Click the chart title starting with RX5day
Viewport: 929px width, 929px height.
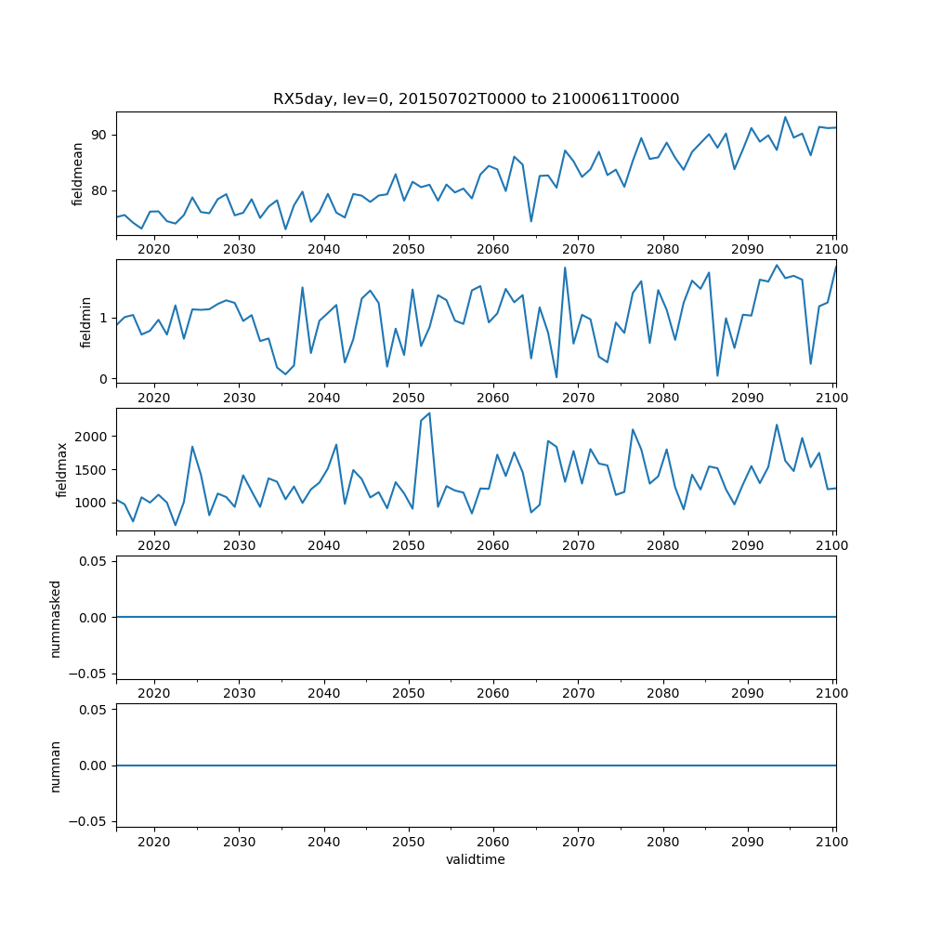pos(476,99)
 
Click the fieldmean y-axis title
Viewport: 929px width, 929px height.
pos(78,174)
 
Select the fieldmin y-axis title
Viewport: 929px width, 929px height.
pos(85,321)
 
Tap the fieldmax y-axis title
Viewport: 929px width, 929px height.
pos(62,469)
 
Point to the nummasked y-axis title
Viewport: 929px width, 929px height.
pos(56,617)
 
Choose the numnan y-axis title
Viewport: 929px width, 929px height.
pos(56,765)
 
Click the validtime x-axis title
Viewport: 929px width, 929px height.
pos(476,860)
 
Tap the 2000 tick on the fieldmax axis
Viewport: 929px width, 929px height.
pos(92,436)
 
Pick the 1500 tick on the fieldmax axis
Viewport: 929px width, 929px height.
pos(92,469)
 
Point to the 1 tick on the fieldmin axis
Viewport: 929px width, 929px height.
pos(104,318)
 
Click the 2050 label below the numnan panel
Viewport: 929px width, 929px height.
pos(408,842)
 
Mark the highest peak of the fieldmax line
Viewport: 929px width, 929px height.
pos(429,413)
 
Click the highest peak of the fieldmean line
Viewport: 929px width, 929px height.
pos(785,117)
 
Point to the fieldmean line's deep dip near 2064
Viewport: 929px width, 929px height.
pos(531,221)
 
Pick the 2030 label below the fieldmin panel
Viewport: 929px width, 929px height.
pos(239,397)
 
